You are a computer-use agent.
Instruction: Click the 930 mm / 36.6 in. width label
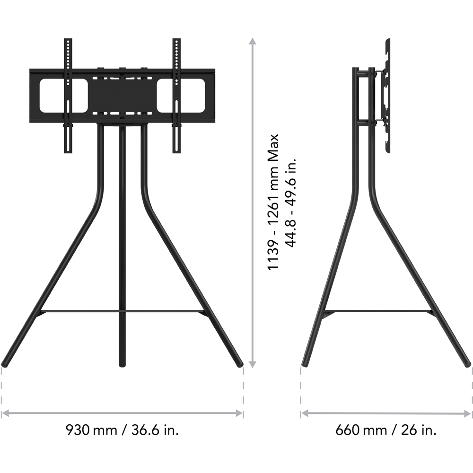point(122,429)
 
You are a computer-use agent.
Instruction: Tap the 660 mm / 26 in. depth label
point(386,429)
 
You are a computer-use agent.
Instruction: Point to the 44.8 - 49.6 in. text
point(291,201)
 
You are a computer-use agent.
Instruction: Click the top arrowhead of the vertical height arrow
point(253,41)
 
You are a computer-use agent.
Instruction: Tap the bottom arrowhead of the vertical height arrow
point(253,364)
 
